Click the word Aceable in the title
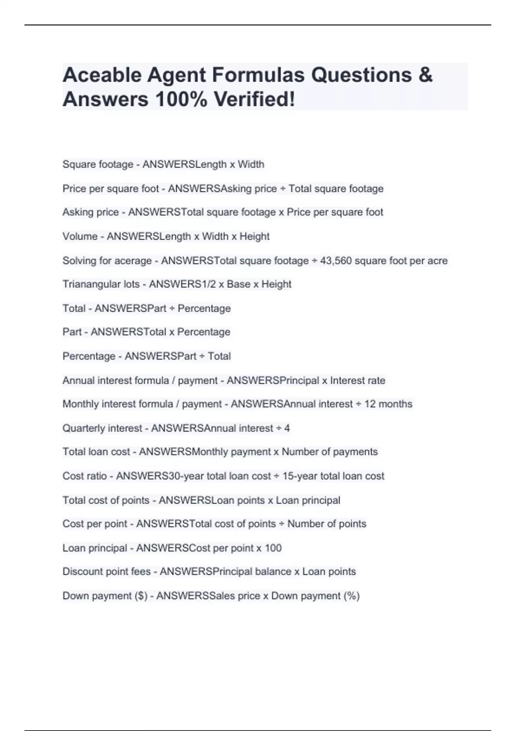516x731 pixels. pos(101,75)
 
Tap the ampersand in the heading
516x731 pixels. pos(425,75)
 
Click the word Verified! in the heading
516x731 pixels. pos(255,100)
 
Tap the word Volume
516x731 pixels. pos(80,236)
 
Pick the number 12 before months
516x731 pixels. pos(370,404)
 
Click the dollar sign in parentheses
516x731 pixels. pos(141,596)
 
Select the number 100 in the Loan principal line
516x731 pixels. pos(273,548)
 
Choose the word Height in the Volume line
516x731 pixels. pos(255,236)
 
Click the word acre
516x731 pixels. pos(437,261)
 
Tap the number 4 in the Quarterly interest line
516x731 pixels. pos(287,428)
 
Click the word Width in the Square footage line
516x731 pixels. pos(251,164)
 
